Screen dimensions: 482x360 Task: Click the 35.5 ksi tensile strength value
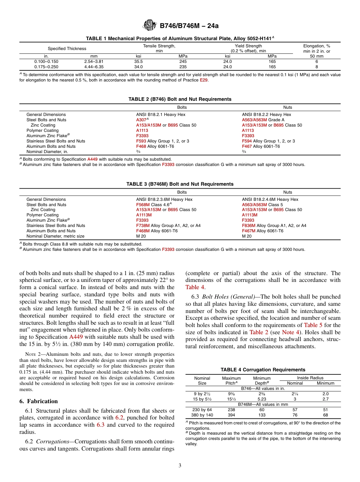[x=138, y=61]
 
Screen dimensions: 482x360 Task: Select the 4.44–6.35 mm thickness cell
[x=94, y=66]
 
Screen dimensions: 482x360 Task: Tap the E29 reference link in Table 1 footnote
[x=203, y=80]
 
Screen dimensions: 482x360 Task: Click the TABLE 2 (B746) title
[x=180, y=99]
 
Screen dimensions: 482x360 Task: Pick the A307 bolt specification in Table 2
[x=141, y=120]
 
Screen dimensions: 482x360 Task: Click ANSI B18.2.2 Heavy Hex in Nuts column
[x=266, y=114]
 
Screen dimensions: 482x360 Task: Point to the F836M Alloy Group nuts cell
[x=274, y=225]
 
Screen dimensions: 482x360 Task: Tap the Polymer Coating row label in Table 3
[x=42, y=215]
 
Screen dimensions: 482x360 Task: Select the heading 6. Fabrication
[x=39, y=401]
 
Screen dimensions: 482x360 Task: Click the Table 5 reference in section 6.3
[x=313, y=325]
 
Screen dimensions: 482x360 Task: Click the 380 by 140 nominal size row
[x=203, y=415]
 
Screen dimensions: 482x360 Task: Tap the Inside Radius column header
[x=310, y=378]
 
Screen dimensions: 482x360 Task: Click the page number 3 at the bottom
[x=180, y=465]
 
